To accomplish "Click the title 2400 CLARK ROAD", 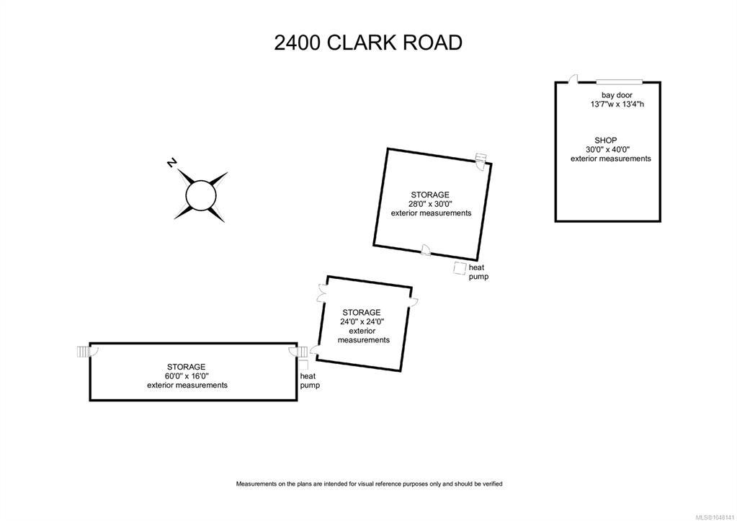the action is (368, 43).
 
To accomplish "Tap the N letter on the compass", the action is (172, 163).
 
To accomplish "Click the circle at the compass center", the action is (201, 195).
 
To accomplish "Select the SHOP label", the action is (605, 140).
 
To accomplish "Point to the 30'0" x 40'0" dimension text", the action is (608, 150).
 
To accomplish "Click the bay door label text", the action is (617, 95).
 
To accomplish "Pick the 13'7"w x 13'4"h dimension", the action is (617, 104).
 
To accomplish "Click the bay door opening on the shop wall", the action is (620, 81).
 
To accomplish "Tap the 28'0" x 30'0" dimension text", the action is (430, 204).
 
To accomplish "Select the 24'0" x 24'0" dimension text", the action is (362, 321).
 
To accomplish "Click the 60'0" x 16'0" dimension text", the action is (187, 376).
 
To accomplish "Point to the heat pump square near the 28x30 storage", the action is (460, 267).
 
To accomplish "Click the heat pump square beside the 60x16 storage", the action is (303, 365).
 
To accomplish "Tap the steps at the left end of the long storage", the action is (83, 351).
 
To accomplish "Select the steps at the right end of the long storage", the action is (303, 352).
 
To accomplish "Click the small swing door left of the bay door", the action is (573, 79).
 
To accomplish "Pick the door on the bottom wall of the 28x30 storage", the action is (425, 250).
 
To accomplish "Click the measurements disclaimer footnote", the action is (369, 484).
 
